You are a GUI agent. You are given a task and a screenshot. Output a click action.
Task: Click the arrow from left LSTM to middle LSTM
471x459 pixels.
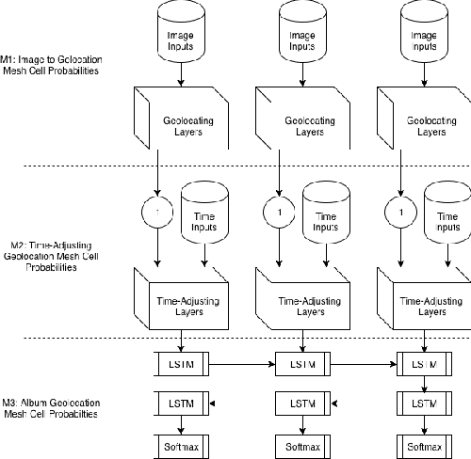241,362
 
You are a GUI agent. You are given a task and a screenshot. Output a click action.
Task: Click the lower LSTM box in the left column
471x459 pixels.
179,403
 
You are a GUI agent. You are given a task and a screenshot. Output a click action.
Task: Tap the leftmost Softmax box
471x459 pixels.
179,441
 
